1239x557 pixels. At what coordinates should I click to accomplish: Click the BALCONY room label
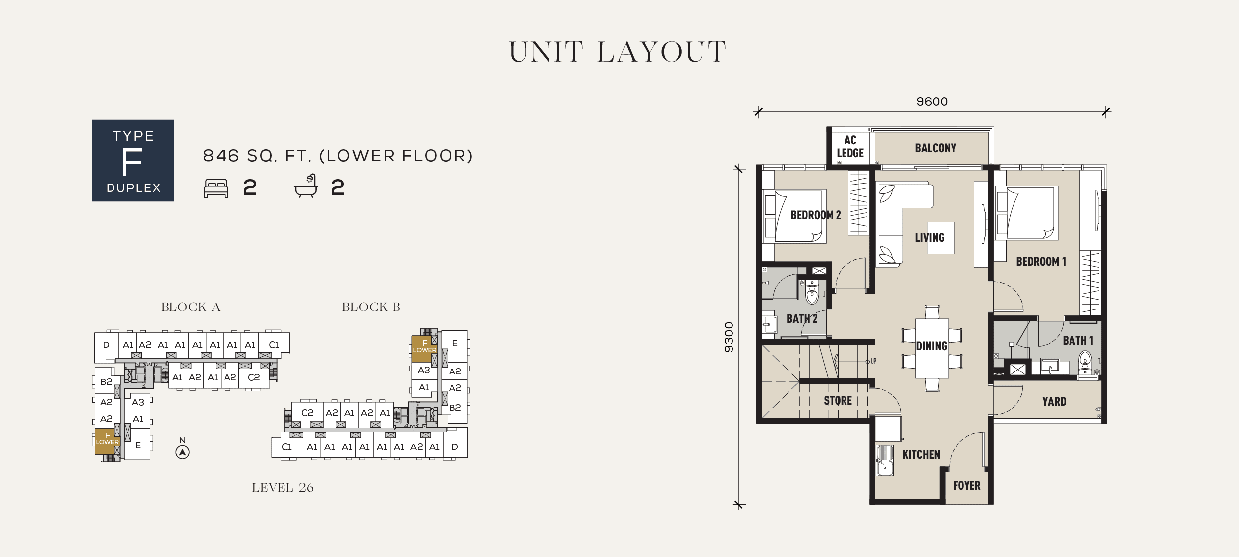935,148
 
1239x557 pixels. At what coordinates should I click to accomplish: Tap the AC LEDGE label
850,147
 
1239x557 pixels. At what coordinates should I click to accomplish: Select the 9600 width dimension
932,102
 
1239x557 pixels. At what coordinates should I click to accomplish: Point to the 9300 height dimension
729,337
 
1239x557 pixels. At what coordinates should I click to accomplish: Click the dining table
932,348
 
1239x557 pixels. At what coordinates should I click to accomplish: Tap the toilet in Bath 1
1085,364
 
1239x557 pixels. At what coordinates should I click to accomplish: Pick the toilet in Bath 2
812,292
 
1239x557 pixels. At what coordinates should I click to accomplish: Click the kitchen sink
885,460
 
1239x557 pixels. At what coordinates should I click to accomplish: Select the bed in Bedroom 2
794,216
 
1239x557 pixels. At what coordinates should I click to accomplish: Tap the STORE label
838,401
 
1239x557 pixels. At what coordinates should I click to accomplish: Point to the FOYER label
967,486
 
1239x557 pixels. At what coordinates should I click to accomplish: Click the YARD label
1054,402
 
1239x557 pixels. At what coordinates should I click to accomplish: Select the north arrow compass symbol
183,452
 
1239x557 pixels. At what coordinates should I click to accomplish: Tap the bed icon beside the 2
217,188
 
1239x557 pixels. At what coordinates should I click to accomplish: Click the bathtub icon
306,186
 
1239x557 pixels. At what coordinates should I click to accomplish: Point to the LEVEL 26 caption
282,488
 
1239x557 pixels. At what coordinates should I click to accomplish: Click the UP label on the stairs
873,361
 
